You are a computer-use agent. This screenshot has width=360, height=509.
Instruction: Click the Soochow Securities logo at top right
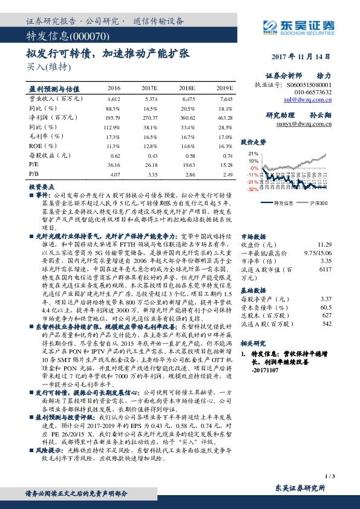[x=301, y=25]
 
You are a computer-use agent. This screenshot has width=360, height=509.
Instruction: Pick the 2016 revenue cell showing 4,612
[x=114, y=98]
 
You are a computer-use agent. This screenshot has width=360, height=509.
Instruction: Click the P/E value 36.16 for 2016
[x=113, y=164]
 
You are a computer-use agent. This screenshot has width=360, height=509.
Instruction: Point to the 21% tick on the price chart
[x=253, y=154]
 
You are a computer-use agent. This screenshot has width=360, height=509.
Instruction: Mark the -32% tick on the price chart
[x=252, y=189]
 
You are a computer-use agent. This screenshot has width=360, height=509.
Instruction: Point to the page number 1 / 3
[x=329, y=478]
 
